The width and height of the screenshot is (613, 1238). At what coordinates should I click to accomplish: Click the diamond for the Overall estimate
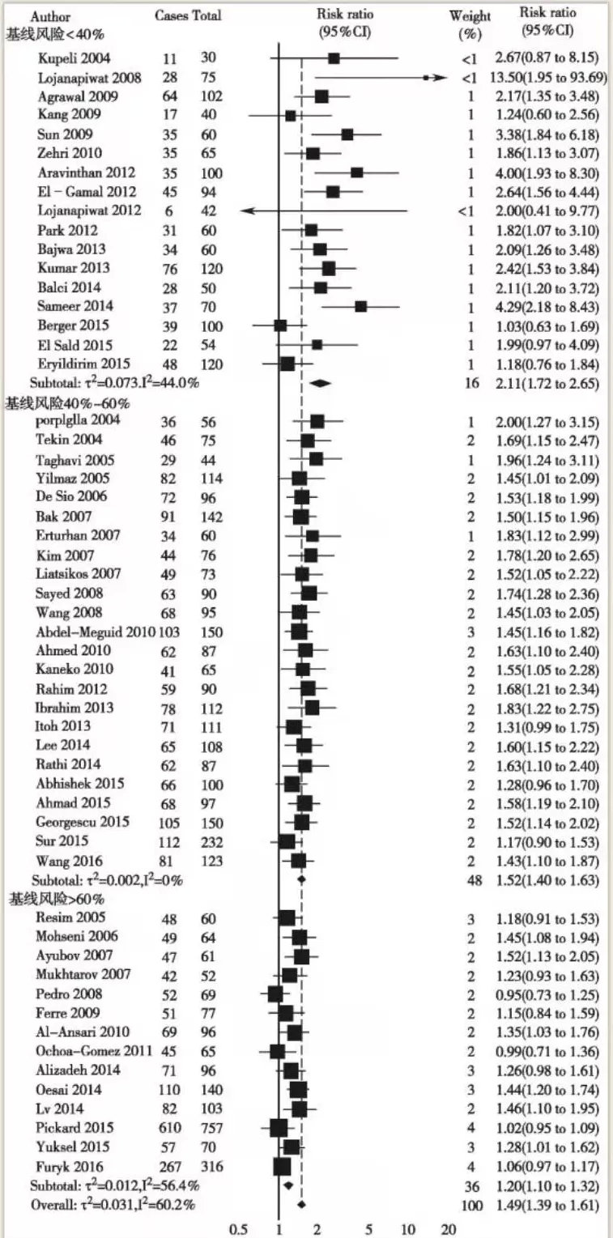(x=301, y=1205)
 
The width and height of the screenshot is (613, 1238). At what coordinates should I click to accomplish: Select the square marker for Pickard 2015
(x=279, y=1127)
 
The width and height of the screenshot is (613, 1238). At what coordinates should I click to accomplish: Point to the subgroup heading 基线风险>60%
(x=58, y=899)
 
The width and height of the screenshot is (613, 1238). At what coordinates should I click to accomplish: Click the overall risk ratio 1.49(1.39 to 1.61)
(x=551, y=1205)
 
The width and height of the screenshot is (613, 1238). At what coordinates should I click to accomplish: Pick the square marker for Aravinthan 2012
(x=356, y=172)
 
